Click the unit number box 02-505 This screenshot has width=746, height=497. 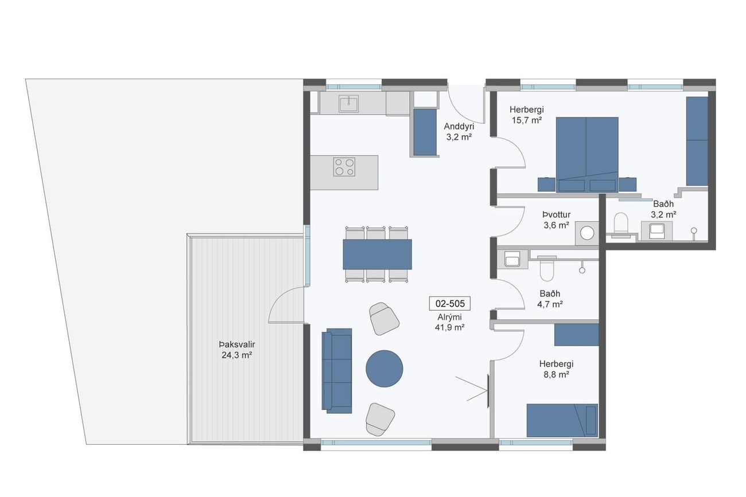point(449,303)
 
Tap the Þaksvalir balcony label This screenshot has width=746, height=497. point(237,345)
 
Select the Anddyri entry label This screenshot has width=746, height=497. point(459,127)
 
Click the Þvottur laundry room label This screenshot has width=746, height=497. point(556,214)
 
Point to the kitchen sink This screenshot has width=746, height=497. point(348,103)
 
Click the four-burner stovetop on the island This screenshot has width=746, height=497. point(344,167)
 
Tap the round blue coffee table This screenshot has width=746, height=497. point(384,369)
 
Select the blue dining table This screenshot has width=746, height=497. point(378,255)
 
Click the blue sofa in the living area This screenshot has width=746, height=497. point(337,371)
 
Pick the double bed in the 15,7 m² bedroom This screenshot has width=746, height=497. point(587,155)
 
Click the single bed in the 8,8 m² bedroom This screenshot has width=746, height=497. point(562,420)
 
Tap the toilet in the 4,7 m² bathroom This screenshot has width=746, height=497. point(546,269)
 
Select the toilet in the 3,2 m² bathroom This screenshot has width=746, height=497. point(620,225)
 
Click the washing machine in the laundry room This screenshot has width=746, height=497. point(586,233)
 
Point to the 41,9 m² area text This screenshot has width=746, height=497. point(449,327)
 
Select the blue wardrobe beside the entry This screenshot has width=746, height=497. point(425,132)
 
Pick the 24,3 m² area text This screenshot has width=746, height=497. point(237,355)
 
